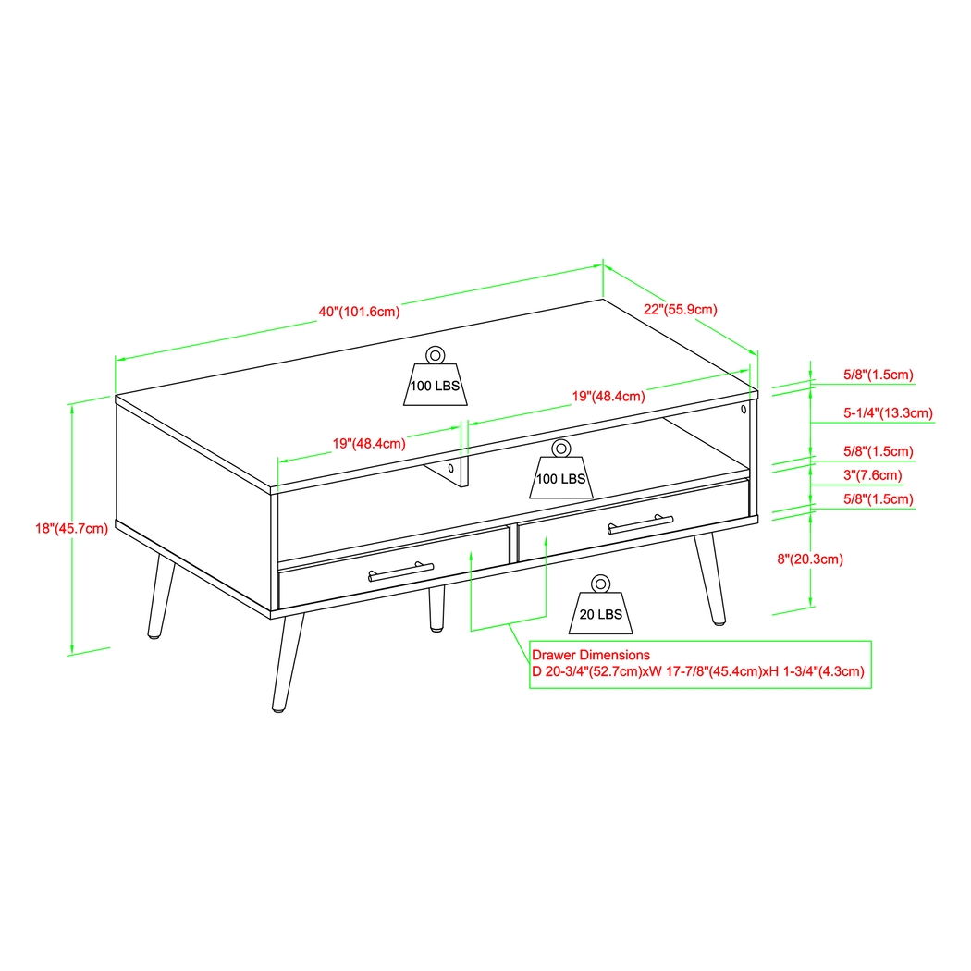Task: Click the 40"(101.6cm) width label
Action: point(359,312)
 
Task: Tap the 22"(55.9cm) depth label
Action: point(680,310)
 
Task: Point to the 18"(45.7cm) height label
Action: point(71,529)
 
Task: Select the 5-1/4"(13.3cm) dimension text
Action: point(888,412)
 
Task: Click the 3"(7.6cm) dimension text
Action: point(871,475)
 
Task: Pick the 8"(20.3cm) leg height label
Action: point(810,559)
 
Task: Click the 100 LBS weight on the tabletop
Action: point(435,382)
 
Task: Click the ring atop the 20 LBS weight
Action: point(600,584)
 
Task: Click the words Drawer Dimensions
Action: point(590,655)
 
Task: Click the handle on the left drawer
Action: point(401,572)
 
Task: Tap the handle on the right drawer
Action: point(641,523)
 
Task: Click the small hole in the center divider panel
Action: point(451,469)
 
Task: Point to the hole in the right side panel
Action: point(744,408)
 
